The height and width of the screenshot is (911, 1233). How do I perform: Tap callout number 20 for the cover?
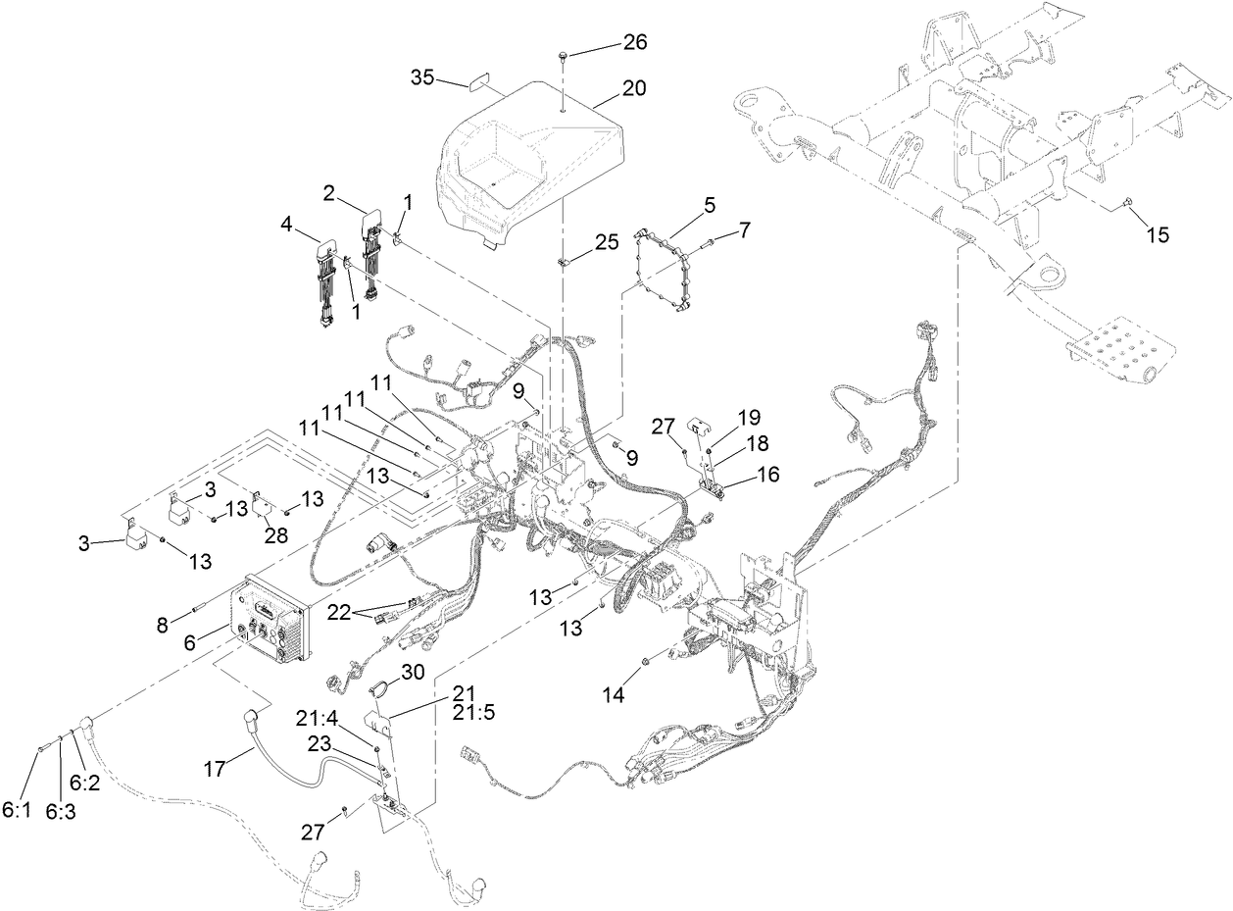(633, 87)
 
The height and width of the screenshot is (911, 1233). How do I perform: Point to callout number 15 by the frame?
(1157, 235)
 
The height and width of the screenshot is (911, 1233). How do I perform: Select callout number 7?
(745, 230)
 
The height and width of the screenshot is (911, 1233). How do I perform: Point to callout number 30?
(413, 672)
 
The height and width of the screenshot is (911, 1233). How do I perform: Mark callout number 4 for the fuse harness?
(286, 225)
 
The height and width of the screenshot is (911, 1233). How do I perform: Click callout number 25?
(607, 240)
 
